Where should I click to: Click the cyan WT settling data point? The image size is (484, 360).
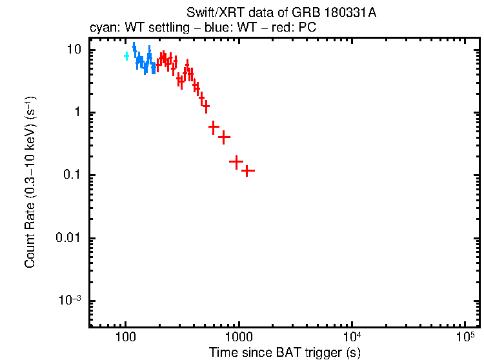point(126,56)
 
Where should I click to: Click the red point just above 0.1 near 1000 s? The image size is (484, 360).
point(236,161)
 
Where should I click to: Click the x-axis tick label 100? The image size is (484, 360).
point(125,339)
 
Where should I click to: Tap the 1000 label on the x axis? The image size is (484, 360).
point(239,339)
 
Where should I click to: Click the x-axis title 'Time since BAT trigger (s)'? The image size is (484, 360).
point(285,352)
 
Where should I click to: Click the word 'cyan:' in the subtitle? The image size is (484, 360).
point(102,28)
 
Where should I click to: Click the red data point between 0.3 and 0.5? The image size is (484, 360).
point(225,137)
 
